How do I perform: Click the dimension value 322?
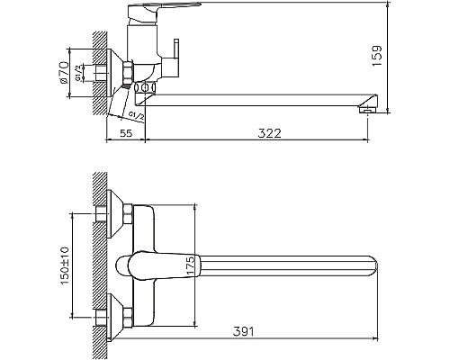pyautogui.click(x=269, y=133)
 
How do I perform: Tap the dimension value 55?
pyautogui.click(x=126, y=133)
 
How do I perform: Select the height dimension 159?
pyautogui.click(x=376, y=56)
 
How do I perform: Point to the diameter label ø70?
pyautogui.click(x=64, y=73)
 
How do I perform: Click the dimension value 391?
pyautogui.click(x=243, y=332)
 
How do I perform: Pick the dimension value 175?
pyautogui.click(x=191, y=265)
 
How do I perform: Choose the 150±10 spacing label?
pyautogui.click(x=65, y=265)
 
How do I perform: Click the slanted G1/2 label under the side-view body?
pyautogui.click(x=136, y=116)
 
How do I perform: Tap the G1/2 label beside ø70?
pyautogui.click(x=78, y=73)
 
